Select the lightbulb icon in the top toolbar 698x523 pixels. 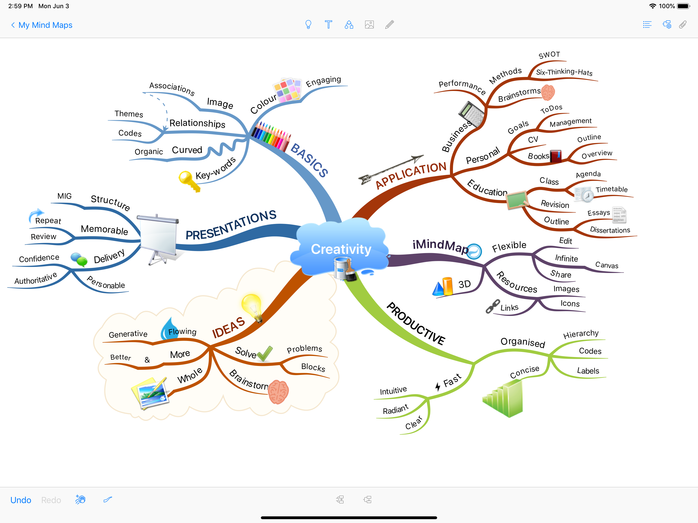[308, 25]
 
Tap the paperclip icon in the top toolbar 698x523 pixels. [683, 25]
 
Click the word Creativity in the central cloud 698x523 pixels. [341, 249]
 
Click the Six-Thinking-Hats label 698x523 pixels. [564, 72]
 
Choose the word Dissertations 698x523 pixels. [610, 230]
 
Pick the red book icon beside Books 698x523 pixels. [556, 156]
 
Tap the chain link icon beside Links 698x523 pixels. [493, 306]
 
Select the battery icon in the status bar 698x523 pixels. [683, 6]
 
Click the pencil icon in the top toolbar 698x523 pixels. [389, 25]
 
